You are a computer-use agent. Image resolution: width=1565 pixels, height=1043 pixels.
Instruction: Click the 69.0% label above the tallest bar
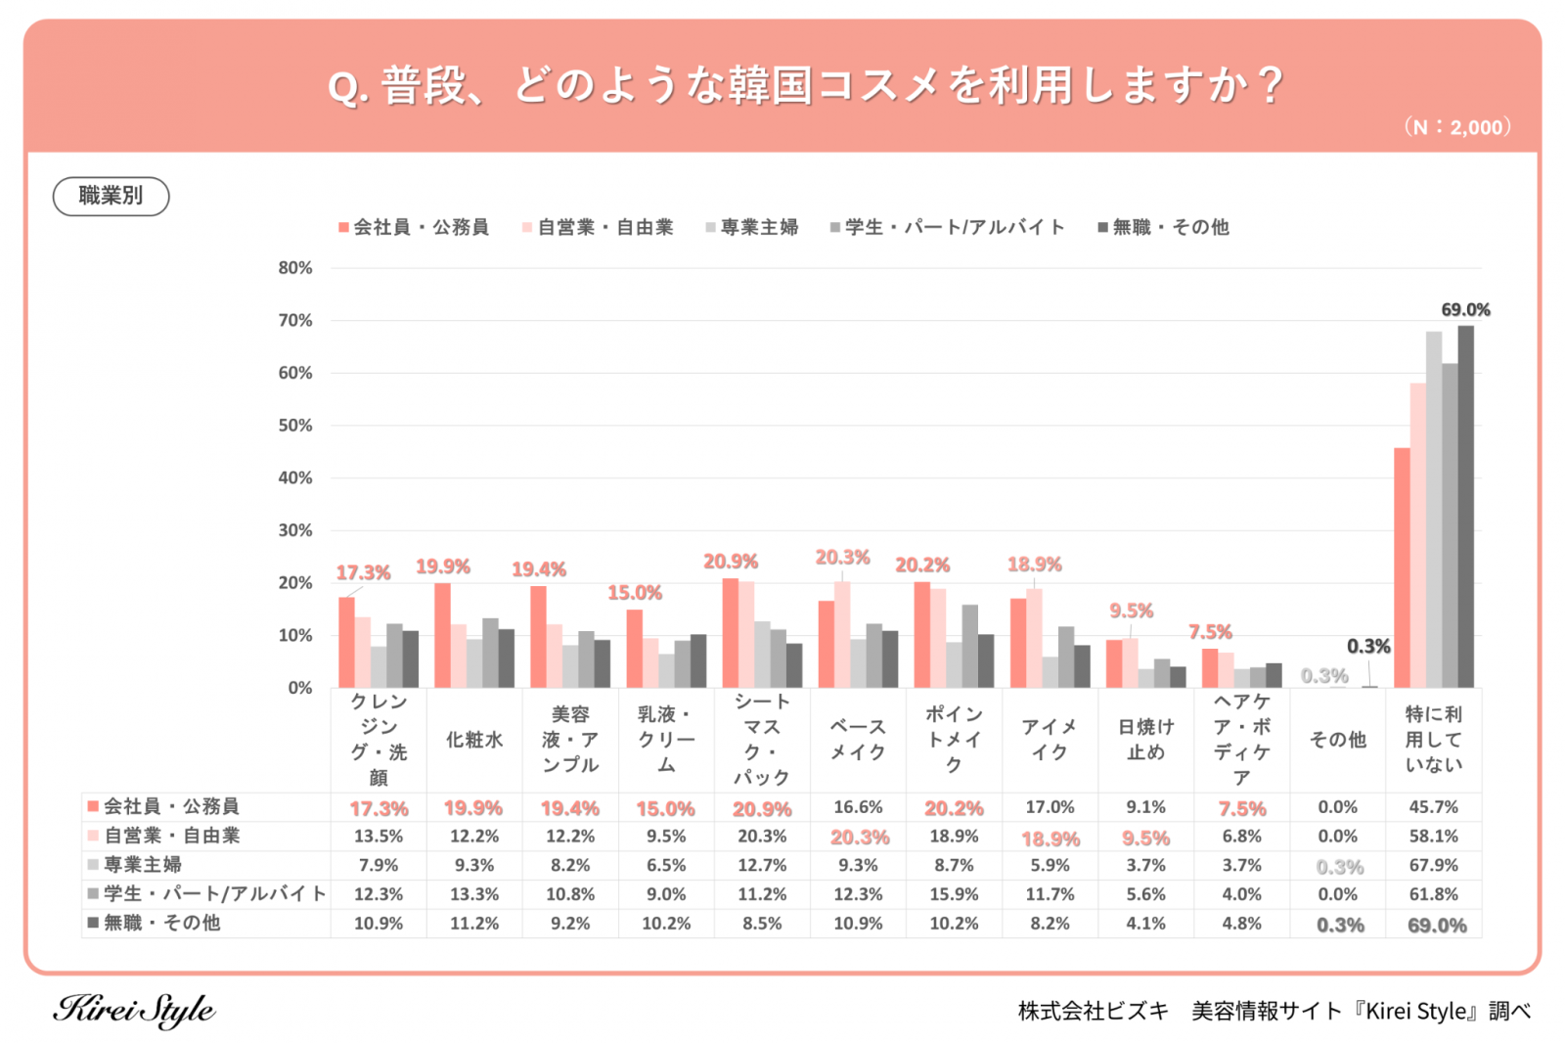click(x=1465, y=310)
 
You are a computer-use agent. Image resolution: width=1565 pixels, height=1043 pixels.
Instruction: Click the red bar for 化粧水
click(x=442, y=635)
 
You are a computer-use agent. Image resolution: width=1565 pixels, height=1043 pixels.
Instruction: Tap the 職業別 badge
click(x=111, y=196)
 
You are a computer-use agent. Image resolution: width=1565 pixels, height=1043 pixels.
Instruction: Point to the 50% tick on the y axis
click(x=295, y=426)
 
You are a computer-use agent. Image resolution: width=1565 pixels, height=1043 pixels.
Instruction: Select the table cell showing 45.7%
click(x=1433, y=807)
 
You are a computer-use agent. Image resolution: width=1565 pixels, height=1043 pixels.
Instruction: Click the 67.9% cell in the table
click(x=1433, y=865)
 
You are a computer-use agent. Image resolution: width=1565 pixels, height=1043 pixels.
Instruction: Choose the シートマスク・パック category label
click(x=762, y=740)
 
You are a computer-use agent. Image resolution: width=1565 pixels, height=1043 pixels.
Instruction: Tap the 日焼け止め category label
click(x=1145, y=740)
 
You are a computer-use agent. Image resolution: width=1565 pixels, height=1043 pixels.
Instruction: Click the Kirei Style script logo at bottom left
click(x=134, y=1010)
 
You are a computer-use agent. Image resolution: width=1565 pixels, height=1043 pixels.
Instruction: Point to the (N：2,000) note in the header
click(x=1457, y=127)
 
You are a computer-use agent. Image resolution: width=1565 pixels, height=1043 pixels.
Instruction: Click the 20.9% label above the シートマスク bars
click(x=731, y=562)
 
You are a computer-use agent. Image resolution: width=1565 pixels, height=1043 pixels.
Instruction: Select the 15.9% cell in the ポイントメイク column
click(x=954, y=894)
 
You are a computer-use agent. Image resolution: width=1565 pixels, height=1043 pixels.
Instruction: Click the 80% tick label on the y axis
click(x=295, y=268)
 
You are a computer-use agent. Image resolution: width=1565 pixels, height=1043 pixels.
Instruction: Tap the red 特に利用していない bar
click(x=1402, y=567)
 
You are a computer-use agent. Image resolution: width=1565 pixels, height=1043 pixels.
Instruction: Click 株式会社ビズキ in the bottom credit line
click(x=1093, y=1011)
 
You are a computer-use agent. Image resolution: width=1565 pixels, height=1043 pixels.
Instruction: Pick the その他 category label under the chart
click(x=1337, y=740)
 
